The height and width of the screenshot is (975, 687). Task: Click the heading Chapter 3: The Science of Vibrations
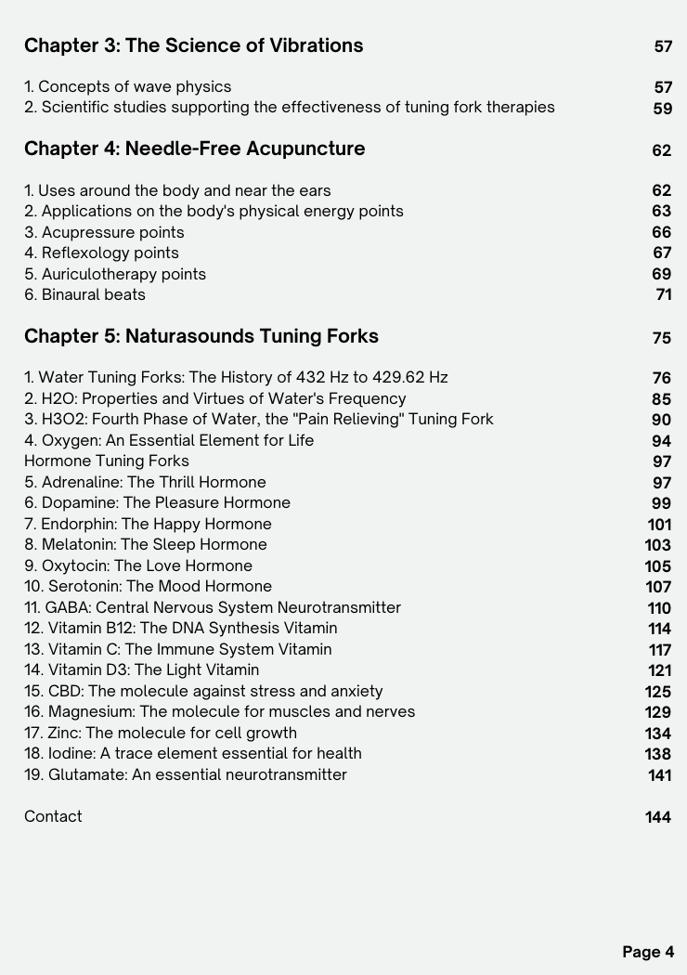coord(193,45)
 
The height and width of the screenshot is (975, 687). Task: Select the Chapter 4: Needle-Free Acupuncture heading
coord(194,149)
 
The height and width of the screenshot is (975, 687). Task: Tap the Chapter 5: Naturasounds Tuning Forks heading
coord(201,336)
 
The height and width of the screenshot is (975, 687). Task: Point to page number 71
coord(664,295)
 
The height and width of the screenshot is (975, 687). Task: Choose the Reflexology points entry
coord(101,253)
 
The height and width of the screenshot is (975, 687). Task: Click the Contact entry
coord(53,816)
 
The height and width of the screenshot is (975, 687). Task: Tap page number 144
coord(658,817)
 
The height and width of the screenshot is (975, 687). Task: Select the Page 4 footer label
coord(648,952)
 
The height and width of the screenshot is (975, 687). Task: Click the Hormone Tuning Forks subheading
coord(106,461)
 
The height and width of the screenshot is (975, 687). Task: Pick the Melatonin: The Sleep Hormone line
coord(145,544)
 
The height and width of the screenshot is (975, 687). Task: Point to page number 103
coord(657,545)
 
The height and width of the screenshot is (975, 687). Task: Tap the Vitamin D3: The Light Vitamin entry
coord(141,669)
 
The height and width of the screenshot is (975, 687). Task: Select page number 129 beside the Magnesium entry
coord(657,712)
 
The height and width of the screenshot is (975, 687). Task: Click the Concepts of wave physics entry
coord(127,86)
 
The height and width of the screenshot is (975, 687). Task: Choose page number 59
coord(662,108)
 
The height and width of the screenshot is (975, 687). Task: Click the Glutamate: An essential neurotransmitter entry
coord(185,774)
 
